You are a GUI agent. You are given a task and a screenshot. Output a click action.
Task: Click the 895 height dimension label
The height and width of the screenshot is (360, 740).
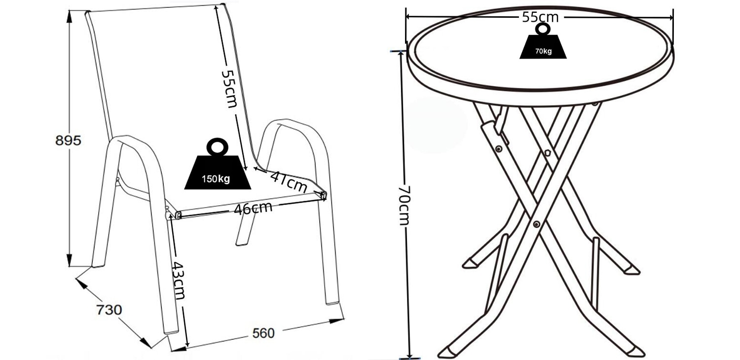point(68,141)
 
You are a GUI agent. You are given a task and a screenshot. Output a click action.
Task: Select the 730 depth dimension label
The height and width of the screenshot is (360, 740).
point(109,310)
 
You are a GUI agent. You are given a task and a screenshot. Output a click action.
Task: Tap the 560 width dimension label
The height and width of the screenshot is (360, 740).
point(263,333)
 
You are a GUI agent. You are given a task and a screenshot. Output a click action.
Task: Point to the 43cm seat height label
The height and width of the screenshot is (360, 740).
point(179,281)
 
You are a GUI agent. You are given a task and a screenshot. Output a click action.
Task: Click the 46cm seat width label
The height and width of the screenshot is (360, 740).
point(253,209)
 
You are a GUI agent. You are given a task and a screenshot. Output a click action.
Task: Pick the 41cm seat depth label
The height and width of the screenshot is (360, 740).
point(289,182)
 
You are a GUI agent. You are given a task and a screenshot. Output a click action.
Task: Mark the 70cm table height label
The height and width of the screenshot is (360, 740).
point(404,206)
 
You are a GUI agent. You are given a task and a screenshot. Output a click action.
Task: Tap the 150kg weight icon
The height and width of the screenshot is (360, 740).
point(218,164)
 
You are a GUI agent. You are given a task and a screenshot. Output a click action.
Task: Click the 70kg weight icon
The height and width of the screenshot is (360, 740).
point(543,41)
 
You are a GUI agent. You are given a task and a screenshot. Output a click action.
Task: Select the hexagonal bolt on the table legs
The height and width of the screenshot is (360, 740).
point(548,153)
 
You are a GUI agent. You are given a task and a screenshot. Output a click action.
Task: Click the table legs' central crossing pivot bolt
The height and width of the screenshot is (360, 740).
point(537,224)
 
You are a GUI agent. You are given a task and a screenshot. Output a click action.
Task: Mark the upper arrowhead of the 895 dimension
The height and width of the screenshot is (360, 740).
point(70,16)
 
